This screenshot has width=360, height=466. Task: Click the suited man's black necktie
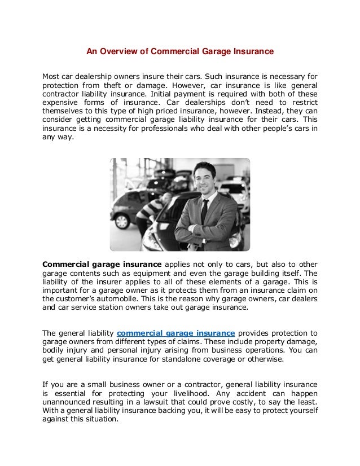click(204, 210)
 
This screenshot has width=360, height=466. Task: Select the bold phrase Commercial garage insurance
click(102, 264)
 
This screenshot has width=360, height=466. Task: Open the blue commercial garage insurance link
click(175, 332)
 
